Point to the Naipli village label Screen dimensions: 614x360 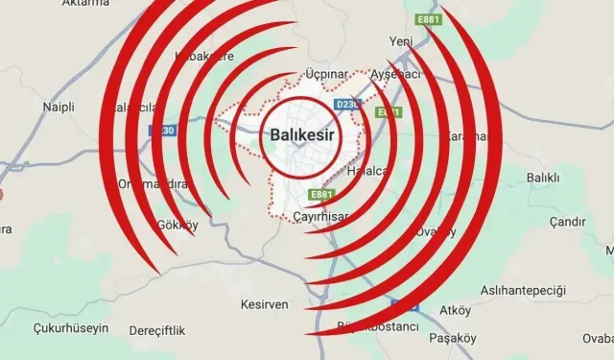tap(59, 108)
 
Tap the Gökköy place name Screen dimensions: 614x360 tap(177, 224)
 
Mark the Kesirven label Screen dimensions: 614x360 tap(263, 305)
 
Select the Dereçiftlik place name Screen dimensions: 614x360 tap(156, 330)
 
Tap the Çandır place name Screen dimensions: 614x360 tap(567, 222)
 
